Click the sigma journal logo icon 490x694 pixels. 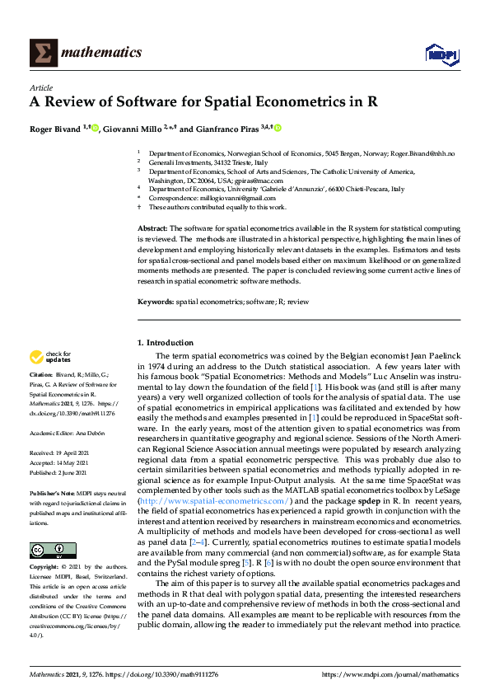click(42, 53)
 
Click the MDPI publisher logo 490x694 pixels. click(437, 54)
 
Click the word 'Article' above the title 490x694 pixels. click(41, 87)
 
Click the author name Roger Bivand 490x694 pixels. click(56, 129)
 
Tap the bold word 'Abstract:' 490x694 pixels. click(152, 227)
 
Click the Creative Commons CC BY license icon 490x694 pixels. click(53, 550)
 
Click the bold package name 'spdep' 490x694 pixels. click(370, 500)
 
